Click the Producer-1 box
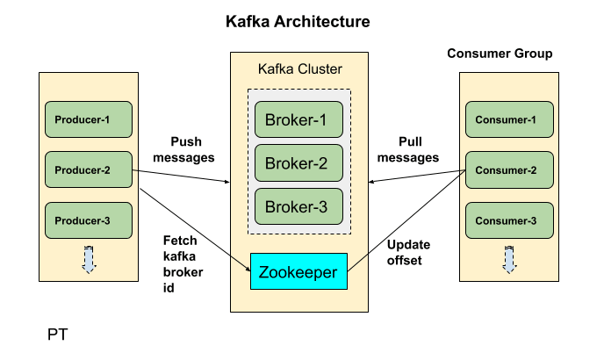point(88,119)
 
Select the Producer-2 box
point(88,169)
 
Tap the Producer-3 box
point(88,220)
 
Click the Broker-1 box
point(298,119)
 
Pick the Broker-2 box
point(298,162)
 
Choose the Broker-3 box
point(298,206)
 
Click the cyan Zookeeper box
point(298,272)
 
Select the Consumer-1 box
point(508,119)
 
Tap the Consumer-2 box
point(508,169)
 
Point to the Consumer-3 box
point(508,220)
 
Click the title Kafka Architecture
point(298,20)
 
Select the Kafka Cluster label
point(298,68)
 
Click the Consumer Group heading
point(500,54)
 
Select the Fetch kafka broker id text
point(183,263)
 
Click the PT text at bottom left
point(57,335)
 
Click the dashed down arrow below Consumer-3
point(508,260)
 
